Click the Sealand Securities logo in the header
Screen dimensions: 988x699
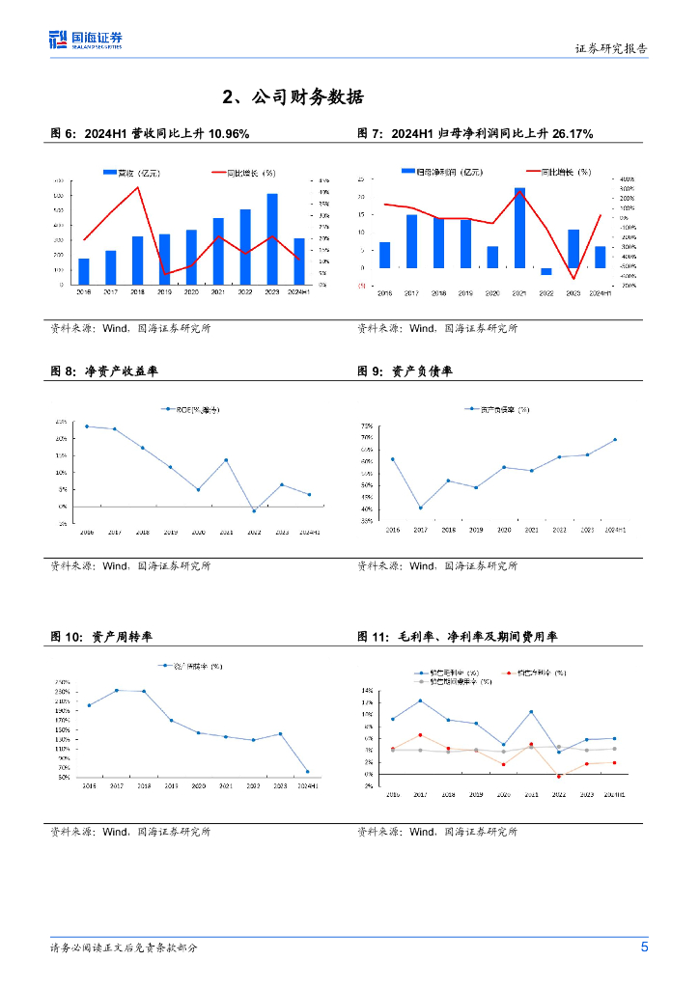click(86, 40)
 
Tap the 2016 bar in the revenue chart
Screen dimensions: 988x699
click(84, 271)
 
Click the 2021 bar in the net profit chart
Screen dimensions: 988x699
click(519, 228)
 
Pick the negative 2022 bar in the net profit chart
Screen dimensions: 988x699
click(546, 271)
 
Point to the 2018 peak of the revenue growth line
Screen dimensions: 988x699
click(138, 187)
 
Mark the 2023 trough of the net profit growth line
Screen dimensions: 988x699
click(573, 279)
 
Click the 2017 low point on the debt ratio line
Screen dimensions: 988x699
click(420, 508)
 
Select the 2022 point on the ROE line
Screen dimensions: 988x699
click(254, 510)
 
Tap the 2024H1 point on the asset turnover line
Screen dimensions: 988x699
click(308, 771)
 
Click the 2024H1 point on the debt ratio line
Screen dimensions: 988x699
click(615, 440)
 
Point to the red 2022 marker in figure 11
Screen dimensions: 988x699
click(559, 776)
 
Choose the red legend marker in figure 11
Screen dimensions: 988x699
click(509, 672)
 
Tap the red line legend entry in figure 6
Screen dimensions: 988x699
click(243, 173)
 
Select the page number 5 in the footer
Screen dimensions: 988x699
click(644, 947)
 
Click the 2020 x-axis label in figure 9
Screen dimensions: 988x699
click(504, 531)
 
